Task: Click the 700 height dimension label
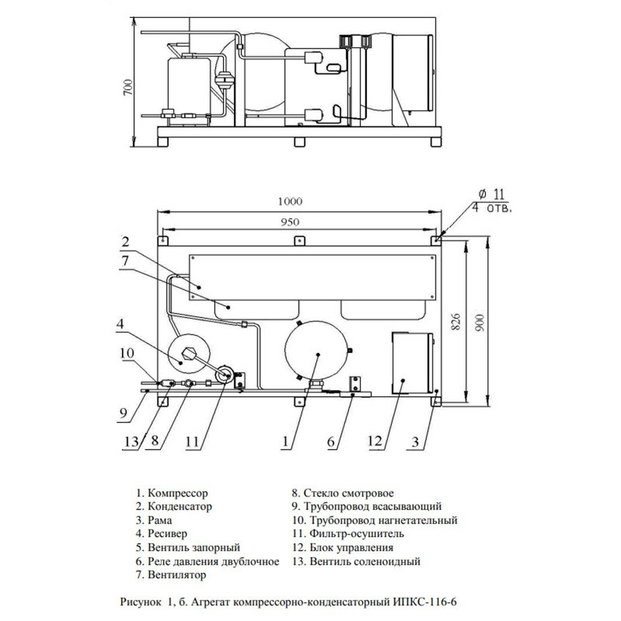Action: pyautogui.click(x=128, y=87)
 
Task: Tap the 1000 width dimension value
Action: pyautogui.click(x=290, y=201)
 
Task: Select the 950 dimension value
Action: pyautogui.click(x=290, y=222)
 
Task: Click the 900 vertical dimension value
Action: pyautogui.click(x=480, y=323)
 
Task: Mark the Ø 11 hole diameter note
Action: pyautogui.click(x=492, y=194)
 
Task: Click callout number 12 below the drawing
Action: pyautogui.click(x=375, y=441)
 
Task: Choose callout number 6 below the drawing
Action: pyautogui.click(x=331, y=441)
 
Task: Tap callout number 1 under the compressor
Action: pyautogui.click(x=285, y=441)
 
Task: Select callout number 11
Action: pyautogui.click(x=193, y=441)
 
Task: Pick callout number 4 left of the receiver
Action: pyautogui.click(x=120, y=324)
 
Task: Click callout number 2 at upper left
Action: pyautogui.click(x=125, y=242)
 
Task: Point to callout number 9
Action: pyautogui.click(x=123, y=413)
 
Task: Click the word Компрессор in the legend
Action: pyautogui.click(x=178, y=494)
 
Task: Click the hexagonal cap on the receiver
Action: pyautogui.click(x=187, y=353)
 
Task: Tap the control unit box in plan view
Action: pyautogui.click(x=412, y=363)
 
